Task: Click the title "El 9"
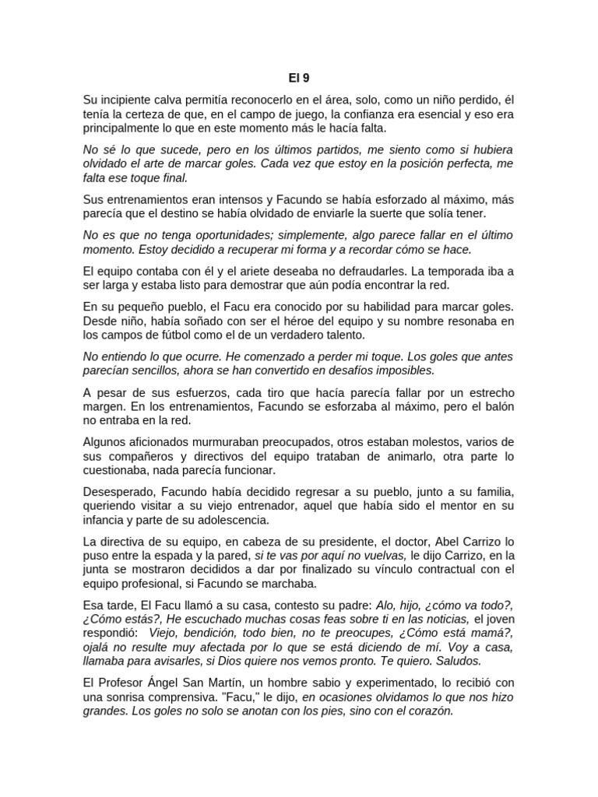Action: [x=299, y=77]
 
